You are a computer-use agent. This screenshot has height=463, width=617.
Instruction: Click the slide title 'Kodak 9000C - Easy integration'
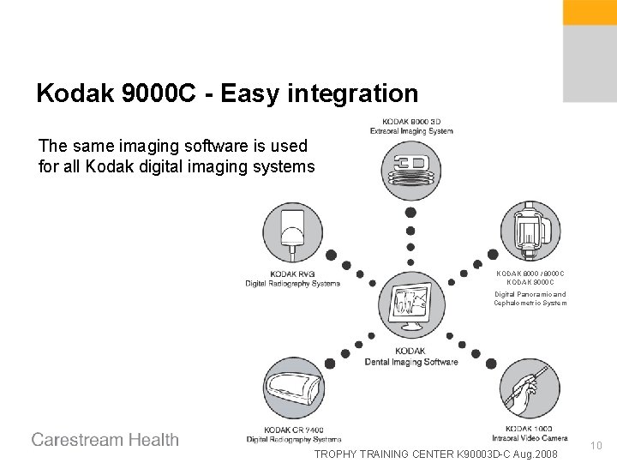227,93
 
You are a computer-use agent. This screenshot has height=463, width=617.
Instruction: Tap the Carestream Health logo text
105,440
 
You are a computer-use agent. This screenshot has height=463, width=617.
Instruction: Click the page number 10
597,444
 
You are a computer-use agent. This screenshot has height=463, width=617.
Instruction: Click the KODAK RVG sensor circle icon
293,230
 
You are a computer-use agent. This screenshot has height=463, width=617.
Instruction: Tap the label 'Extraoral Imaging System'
411,130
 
